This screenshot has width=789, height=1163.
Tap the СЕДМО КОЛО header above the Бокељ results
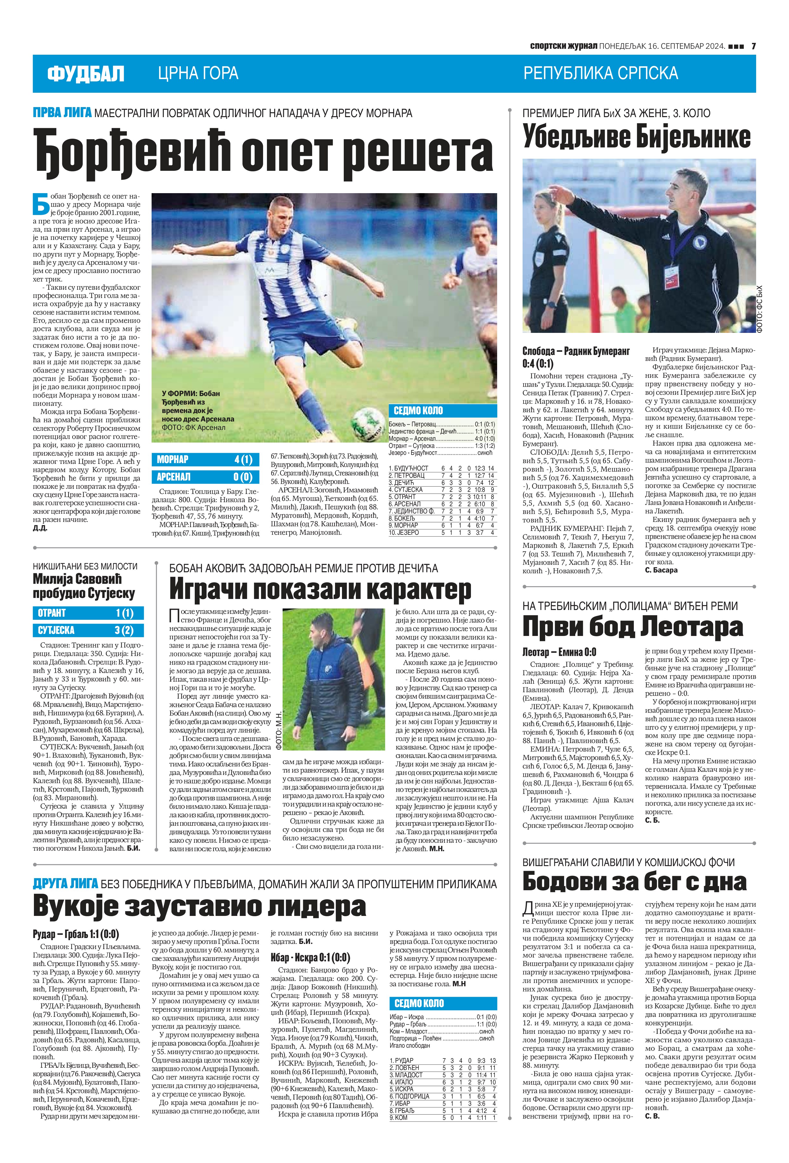tap(443, 411)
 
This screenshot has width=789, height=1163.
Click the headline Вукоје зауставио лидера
tap(199, 906)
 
